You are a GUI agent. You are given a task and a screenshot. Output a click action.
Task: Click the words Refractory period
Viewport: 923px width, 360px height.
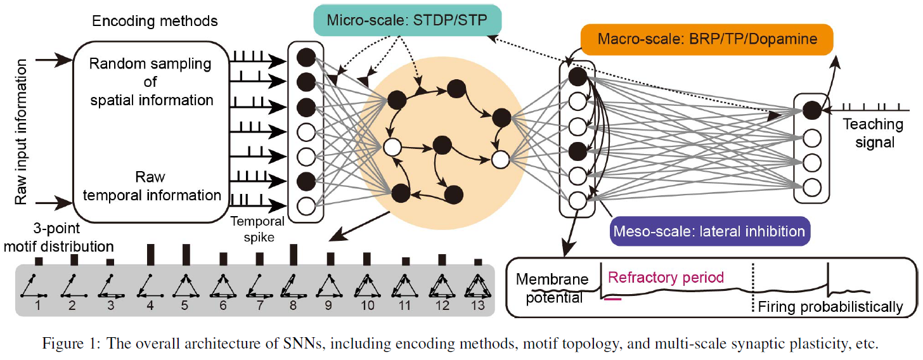(666, 278)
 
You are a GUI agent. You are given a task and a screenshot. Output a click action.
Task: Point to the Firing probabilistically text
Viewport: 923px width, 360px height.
(830, 307)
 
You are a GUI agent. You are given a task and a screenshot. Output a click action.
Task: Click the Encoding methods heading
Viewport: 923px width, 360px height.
(155, 21)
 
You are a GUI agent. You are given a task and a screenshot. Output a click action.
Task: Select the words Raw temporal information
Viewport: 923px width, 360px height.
(151, 186)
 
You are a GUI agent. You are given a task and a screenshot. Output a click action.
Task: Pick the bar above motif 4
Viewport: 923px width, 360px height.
(150, 255)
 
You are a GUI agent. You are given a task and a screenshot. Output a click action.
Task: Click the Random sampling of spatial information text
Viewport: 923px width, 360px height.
(151, 82)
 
